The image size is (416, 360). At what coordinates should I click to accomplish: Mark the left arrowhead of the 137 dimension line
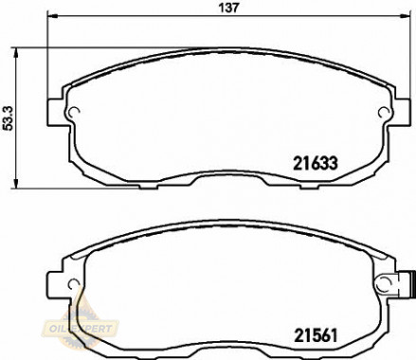tap(52, 19)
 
